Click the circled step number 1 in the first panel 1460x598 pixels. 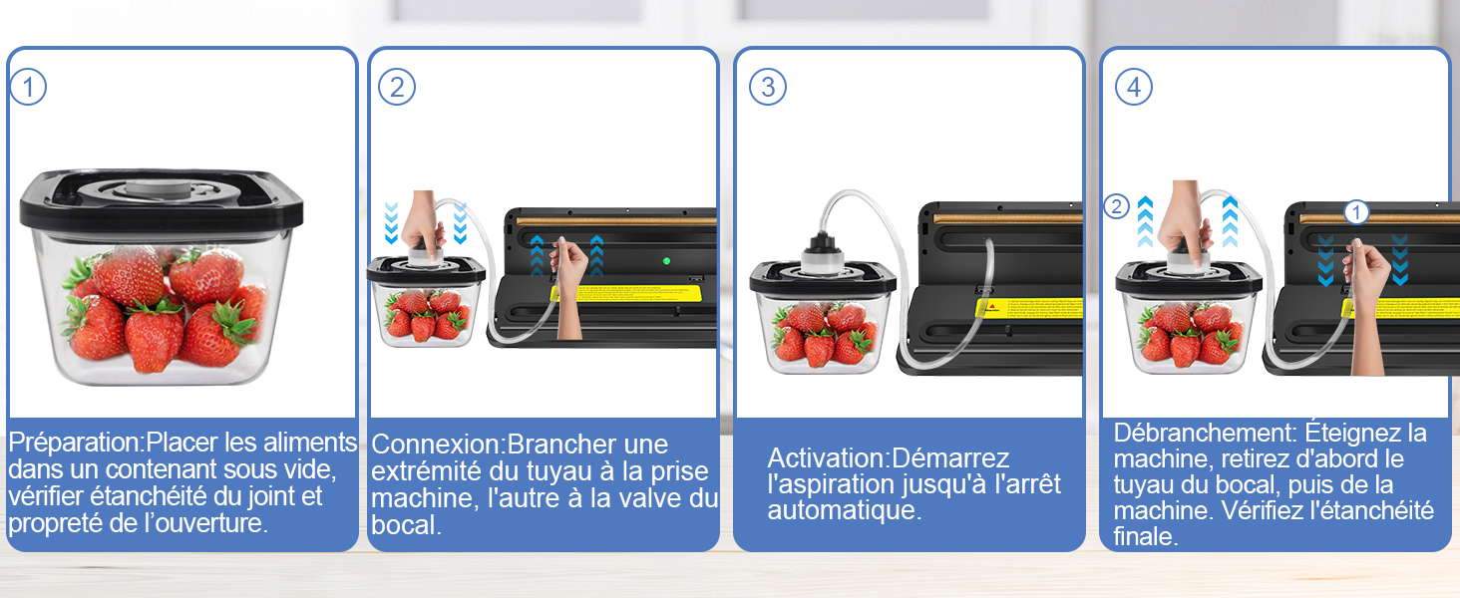tap(28, 88)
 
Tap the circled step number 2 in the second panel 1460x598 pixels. tap(397, 88)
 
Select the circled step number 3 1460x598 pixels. tap(768, 88)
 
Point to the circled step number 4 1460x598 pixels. tap(1134, 88)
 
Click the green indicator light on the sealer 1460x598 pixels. tap(665, 262)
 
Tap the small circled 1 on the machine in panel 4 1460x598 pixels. tap(1355, 212)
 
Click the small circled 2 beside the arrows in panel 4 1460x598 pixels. tap(1117, 207)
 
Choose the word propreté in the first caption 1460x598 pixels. tap(48, 521)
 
